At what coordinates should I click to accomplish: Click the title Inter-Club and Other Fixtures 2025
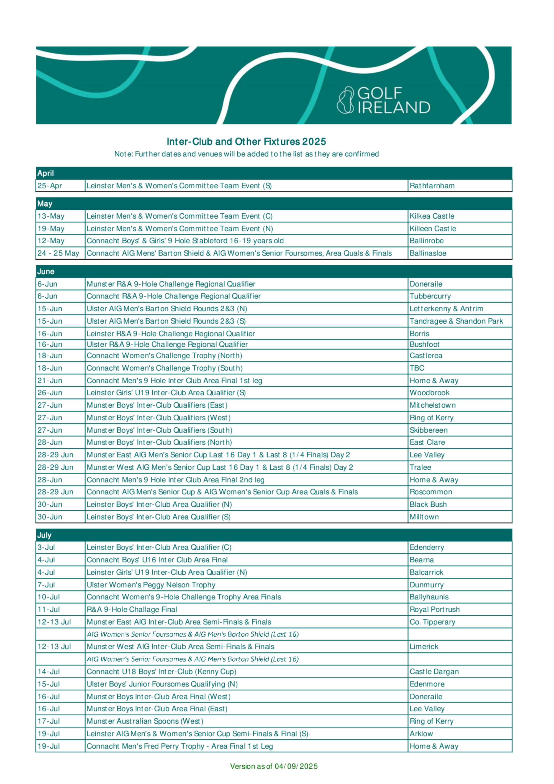pyautogui.click(x=246, y=141)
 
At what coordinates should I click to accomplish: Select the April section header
pyautogui.click(x=46, y=173)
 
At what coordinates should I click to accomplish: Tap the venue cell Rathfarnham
pyautogui.click(x=432, y=186)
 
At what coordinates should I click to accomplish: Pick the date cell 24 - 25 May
pyautogui.click(x=58, y=253)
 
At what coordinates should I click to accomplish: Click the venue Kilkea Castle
pyautogui.click(x=432, y=216)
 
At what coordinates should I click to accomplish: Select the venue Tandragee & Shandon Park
pyautogui.click(x=456, y=321)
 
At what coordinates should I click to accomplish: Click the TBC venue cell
pyautogui.click(x=417, y=368)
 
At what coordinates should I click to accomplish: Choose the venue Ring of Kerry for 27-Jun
pyautogui.click(x=432, y=418)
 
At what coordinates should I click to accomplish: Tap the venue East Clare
pyautogui.click(x=427, y=442)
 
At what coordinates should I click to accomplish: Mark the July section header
pyautogui.click(x=44, y=535)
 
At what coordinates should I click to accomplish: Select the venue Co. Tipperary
pyautogui.click(x=432, y=622)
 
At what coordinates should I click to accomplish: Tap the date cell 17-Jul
pyautogui.click(x=49, y=721)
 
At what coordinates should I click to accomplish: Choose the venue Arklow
pyautogui.click(x=421, y=734)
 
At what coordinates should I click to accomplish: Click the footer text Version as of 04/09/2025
pyautogui.click(x=274, y=766)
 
